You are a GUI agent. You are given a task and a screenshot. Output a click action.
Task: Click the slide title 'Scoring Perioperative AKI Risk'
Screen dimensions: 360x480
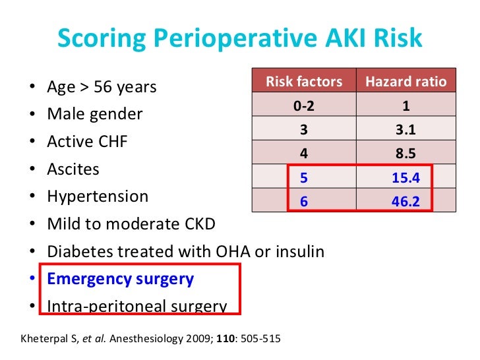[239, 39]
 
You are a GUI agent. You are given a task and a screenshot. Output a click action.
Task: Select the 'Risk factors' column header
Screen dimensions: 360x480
[304, 82]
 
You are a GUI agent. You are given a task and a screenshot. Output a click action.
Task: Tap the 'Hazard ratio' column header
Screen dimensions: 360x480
[405, 82]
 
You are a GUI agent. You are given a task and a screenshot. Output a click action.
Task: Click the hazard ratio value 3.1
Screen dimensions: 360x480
[405, 130]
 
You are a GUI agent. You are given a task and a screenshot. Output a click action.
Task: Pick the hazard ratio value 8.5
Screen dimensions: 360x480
[405, 154]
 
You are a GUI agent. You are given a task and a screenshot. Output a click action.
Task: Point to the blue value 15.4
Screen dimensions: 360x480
[405, 178]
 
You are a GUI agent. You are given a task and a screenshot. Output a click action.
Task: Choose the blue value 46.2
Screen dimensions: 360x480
[405, 202]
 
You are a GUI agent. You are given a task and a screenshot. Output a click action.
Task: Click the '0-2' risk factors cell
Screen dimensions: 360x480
[304, 106]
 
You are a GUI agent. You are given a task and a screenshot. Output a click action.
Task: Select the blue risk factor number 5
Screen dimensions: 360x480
[304, 178]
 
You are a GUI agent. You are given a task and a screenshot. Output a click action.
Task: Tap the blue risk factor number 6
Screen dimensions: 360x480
[304, 202]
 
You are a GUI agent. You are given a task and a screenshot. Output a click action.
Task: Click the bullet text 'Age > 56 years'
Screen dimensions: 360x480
[102, 87]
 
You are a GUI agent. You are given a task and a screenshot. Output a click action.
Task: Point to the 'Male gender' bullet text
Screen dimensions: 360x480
[94, 114]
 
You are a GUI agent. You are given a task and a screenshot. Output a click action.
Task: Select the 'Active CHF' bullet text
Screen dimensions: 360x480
[87, 142]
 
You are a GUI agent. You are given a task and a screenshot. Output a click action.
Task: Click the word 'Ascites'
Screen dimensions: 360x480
[73, 169]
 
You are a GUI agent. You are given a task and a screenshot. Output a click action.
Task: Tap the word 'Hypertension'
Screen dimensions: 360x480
[98, 196]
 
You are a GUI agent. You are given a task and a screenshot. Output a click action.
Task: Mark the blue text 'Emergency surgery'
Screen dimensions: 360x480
[120, 279]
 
